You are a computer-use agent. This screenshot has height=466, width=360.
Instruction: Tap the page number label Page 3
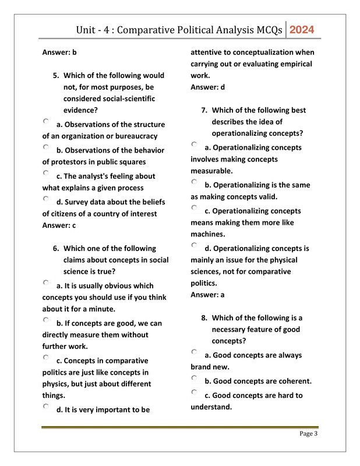point(308,433)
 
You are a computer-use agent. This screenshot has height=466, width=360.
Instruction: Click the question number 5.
point(56,76)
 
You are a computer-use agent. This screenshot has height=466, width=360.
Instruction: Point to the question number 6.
point(56,249)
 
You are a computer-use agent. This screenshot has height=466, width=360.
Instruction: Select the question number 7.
point(204,110)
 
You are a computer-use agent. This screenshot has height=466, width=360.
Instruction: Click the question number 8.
point(204,318)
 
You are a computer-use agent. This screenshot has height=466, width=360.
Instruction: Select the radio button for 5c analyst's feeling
point(46,174)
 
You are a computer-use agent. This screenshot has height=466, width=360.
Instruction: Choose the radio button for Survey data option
point(46,200)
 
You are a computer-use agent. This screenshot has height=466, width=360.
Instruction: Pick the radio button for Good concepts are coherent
point(195,379)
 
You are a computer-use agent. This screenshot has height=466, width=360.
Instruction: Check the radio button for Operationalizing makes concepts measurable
point(195,145)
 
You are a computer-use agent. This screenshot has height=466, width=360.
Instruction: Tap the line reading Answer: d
point(207,87)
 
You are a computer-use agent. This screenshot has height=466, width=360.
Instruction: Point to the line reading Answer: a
point(207,295)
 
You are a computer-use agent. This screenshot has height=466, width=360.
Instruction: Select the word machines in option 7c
point(207,234)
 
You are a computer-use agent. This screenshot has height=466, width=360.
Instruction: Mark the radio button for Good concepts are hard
point(195,393)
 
